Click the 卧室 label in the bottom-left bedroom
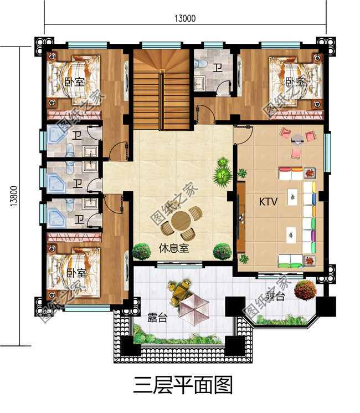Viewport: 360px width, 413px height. tap(76, 273)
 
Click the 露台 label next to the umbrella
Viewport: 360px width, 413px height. tap(158, 318)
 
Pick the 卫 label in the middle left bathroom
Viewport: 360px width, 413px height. tap(78, 183)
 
